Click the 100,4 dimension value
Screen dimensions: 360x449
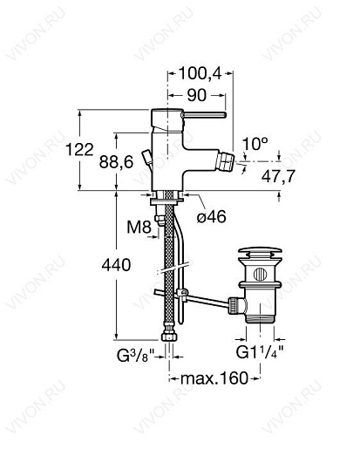pos(200,73)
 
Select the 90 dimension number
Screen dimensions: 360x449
pos(197,95)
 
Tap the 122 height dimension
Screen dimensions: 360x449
pos(79,150)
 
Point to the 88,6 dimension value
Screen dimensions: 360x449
pos(116,162)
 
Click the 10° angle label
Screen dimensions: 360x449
pos(255,144)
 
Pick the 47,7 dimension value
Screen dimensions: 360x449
pos(278,176)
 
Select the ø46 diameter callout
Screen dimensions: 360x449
pos(211,216)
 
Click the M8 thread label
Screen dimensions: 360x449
pos(139,228)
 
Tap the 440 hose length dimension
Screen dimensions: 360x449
pos(116,265)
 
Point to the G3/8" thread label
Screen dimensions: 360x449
pos(135,355)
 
